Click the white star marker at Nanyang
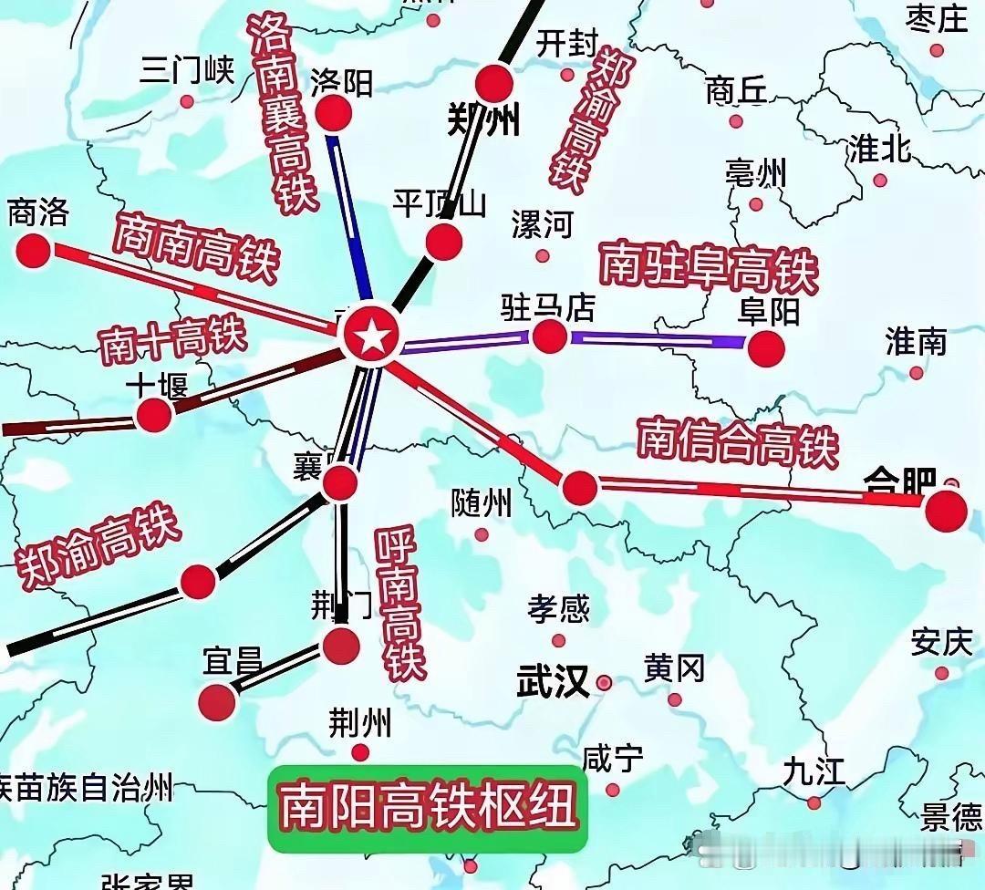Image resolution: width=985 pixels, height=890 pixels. pos(370,339)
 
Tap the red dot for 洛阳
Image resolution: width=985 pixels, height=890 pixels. pos(333,113)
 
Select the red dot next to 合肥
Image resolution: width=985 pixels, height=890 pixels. pos(945,511)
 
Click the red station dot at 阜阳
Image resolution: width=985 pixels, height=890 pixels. pos(766,347)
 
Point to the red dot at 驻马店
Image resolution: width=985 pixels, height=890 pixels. pos(549,336)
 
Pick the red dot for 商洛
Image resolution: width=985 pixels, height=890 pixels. pos(34,249)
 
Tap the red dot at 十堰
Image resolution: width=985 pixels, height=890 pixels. pos(153,416)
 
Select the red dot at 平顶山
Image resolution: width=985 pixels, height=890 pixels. pos(444,241)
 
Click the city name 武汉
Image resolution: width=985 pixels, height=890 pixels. pos(553,680)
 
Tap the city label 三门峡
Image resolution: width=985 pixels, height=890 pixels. pos(188,70)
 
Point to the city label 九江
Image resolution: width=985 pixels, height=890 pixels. pos(814,771)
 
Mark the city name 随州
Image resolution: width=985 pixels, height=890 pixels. pos(482,502)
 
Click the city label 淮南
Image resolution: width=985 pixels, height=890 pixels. pos(916,342)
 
